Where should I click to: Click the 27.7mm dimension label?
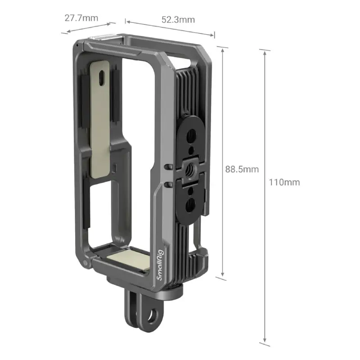pos(81,18)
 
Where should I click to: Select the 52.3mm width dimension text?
pos(178,19)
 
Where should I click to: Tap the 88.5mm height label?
pos(242,169)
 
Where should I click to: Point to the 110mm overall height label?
pos(285,182)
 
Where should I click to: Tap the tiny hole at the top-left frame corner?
pos(78,45)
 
